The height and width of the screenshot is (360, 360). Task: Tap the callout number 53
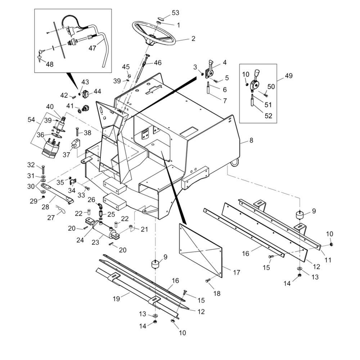tap(175, 13)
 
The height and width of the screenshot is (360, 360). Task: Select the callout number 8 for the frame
tap(251, 140)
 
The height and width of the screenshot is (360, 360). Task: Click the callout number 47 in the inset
tap(93, 48)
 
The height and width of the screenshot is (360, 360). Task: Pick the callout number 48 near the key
tap(50, 64)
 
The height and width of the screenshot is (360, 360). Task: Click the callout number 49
tap(289, 76)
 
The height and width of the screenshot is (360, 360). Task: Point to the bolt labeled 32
tap(43, 170)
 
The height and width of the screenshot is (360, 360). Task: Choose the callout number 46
tap(158, 63)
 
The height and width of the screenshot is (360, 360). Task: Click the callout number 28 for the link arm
tap(45, 207)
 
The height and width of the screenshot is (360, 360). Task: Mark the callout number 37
tap(66, 154)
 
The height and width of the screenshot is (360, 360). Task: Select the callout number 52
tap(268, 116)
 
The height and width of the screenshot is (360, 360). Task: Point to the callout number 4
tap(225, 63)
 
